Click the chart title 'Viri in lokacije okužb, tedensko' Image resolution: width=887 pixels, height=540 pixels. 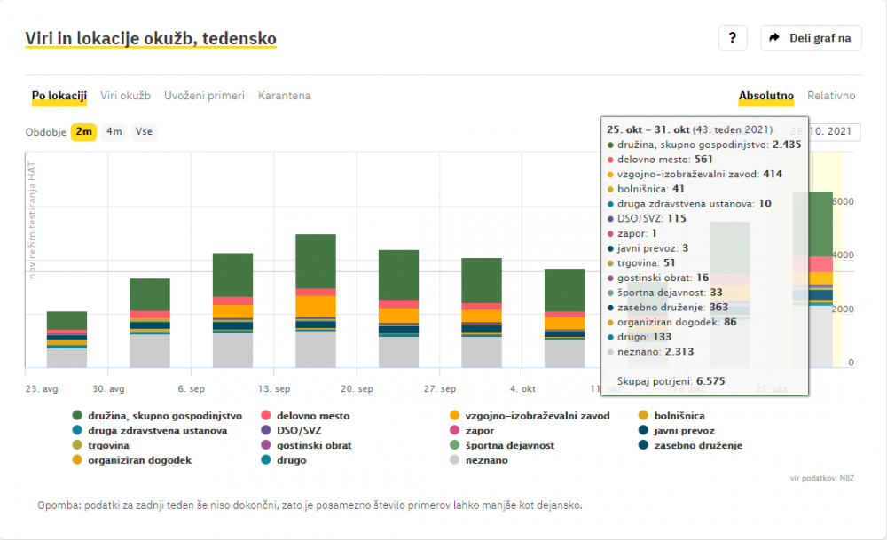(152, 38)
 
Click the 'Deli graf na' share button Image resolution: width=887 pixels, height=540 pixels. (811, 38)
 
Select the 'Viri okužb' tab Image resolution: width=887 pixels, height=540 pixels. (125, 96)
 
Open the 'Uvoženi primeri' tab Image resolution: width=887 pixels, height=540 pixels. (204, 96)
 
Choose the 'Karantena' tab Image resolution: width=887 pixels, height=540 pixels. (284, 96)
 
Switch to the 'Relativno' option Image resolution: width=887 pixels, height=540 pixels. (830, 96)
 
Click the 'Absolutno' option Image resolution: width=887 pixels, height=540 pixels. (766, 96)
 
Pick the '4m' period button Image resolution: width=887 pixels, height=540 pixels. (114, 132)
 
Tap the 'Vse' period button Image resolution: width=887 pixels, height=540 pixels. (144, 132)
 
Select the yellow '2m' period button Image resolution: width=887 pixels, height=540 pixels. (84, 132)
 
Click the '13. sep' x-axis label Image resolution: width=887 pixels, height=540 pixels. (274, 389)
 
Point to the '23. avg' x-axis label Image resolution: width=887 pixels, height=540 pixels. (41, 389)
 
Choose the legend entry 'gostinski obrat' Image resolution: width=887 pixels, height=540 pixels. (313, 445)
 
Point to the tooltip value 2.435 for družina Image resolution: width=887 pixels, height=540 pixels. (787, 144)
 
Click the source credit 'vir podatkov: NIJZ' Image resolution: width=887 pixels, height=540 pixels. (821, 479)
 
